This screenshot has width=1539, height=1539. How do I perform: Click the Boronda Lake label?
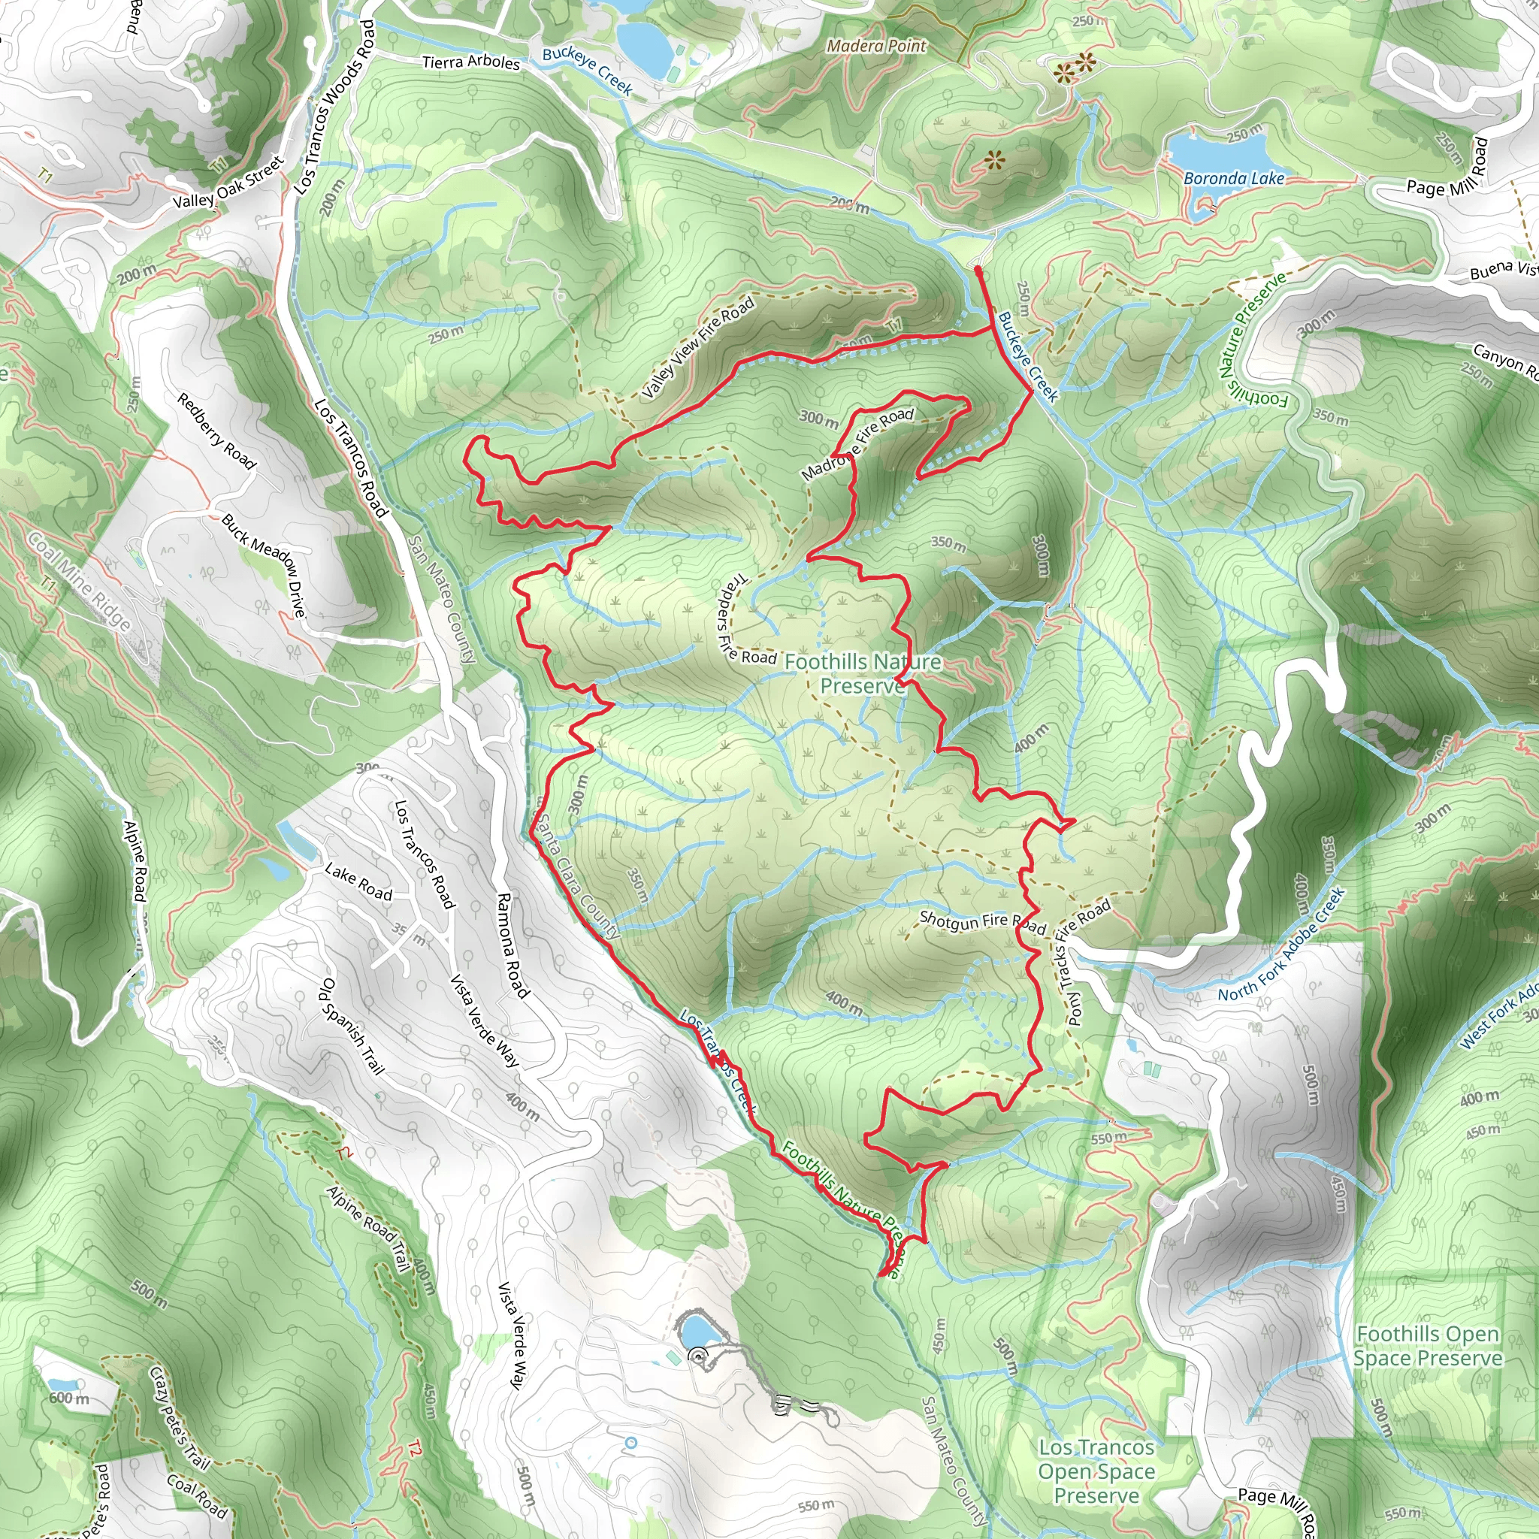tap(1234, 178)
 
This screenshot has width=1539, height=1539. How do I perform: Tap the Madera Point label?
tap(876, 46)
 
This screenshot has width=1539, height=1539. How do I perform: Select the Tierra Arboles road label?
tap(470, 62)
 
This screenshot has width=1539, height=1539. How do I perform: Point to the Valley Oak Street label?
tap(228, 183)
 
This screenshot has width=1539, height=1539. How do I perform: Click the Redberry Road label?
tap(216, 431)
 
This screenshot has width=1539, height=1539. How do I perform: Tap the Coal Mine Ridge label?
tap(80, 582)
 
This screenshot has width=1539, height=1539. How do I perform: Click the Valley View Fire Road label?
tap(698, 348)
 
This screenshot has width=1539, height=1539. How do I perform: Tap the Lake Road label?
tap(358, 881)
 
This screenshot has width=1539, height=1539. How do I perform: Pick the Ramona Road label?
tap(512, 945)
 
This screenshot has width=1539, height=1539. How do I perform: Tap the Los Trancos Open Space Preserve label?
tap(1096, 1471)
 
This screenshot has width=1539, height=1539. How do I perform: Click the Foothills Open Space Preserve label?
tap(1428, 1345)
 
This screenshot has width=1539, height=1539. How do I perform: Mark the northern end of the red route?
tap(978, 271)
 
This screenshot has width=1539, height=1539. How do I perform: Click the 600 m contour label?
tap(69, 1397)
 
